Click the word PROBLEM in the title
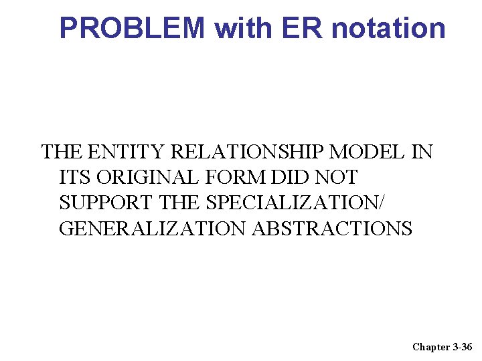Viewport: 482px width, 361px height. tap(132, 28)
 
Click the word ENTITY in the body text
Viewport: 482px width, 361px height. tap(127, 152)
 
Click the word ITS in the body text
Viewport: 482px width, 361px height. tap(75, 178)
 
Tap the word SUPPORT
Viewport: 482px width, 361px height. tap(107, 203)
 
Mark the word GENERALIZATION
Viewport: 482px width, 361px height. tap(153, 229)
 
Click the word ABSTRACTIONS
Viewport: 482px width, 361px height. tap(332, 229)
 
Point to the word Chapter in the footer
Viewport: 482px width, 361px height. tap(431, 346)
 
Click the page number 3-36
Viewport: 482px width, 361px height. tap(463, 346)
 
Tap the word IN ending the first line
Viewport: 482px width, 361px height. tap(422, 152)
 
